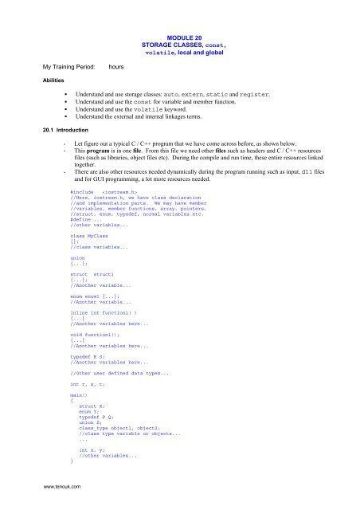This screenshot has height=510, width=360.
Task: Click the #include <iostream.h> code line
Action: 100,192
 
